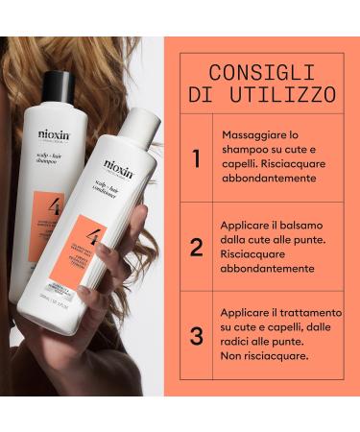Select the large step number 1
(x=196, y=158)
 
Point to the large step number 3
(x=196, y=335)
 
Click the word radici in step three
(x=237, y=341)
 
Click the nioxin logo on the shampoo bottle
(x=54, y=135)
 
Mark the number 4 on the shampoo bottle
(x=52, y=204)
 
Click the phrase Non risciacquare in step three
(x=264, y=354)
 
